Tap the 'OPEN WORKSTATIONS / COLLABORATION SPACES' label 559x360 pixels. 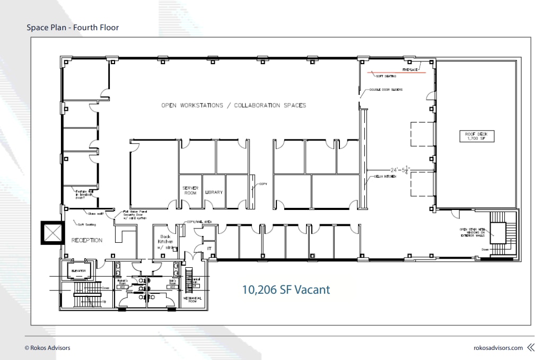pos(233,105)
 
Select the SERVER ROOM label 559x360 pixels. pos(190,190)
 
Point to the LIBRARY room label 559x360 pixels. pos(214,192)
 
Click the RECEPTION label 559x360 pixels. pos(87,240)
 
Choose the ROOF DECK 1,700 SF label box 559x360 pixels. pos(475,137)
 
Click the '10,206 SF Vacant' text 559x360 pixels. pos(286,289)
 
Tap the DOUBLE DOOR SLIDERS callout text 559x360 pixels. pos(386,90)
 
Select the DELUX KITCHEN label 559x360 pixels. pos(386,177)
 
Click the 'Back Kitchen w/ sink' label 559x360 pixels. pos(165,242)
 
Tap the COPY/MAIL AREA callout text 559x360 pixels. pos(199,221)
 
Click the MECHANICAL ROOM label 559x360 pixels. pos(192,298)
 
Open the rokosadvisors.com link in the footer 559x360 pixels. pos(497,348)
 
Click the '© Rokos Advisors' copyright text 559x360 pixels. pos(47,348)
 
